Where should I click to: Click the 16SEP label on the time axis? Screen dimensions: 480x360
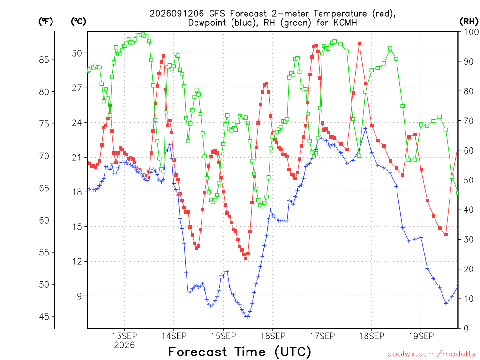273,336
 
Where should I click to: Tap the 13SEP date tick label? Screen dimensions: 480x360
124,336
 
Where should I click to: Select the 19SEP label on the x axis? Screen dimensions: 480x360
421,336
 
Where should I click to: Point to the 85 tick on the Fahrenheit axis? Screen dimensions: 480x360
44,60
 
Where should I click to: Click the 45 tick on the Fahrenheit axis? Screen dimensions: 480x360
44,316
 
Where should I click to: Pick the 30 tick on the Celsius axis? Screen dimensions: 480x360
77,53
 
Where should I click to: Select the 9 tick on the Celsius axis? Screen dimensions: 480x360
79,296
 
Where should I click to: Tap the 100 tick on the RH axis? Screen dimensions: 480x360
472,32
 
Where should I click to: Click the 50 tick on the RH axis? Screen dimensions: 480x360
469,180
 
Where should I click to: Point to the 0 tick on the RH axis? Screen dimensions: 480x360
466,328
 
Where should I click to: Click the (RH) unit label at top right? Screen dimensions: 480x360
469,21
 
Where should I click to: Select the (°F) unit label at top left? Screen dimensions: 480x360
45,22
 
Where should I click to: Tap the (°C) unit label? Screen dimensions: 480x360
78,22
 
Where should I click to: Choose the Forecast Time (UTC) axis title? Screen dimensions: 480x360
240,352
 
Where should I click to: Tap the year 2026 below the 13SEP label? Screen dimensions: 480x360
124,345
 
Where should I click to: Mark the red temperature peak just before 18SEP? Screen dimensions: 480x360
360,44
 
